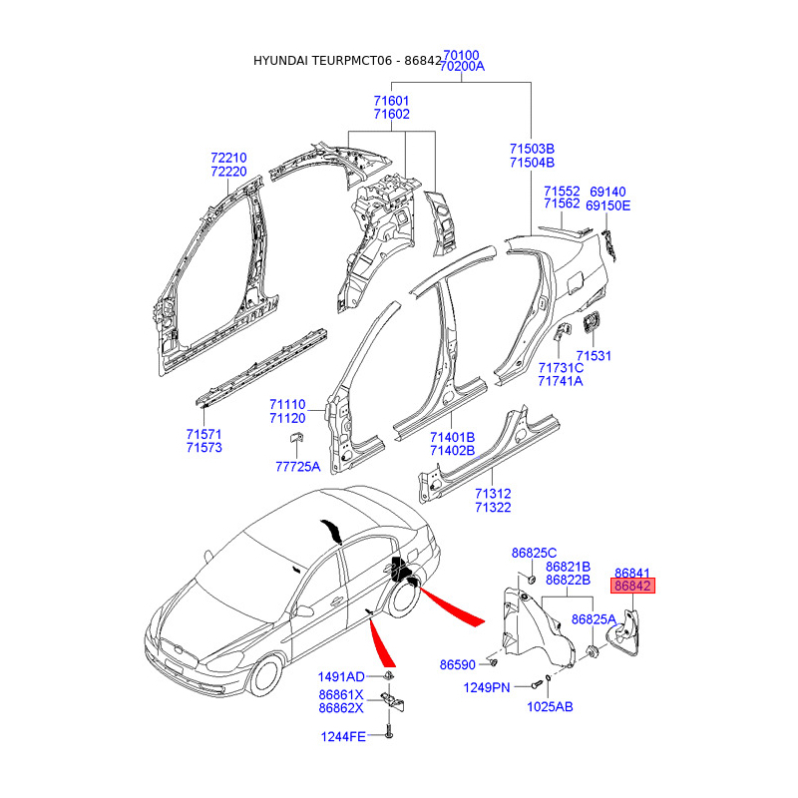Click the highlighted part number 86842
[x=632, y=586]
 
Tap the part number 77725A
[x=297, y=466]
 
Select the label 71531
[x=594, y=356]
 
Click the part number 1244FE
[x=343, y=736]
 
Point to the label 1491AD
[x=341, y=677]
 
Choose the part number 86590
[x=458, y=664]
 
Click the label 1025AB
[x=550, y=707]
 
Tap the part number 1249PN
[x=487, y=687]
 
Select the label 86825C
[x=534, y=553]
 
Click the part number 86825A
[x=594, y=619]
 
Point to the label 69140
[x=607, y=192]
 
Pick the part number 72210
[x=228, y=158]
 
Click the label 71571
[x=204, y=434]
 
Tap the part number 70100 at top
[x=461, y=55]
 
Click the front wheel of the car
[x=265, y=675]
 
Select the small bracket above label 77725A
[x=296, y=437]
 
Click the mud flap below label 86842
[x=624, y=634]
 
